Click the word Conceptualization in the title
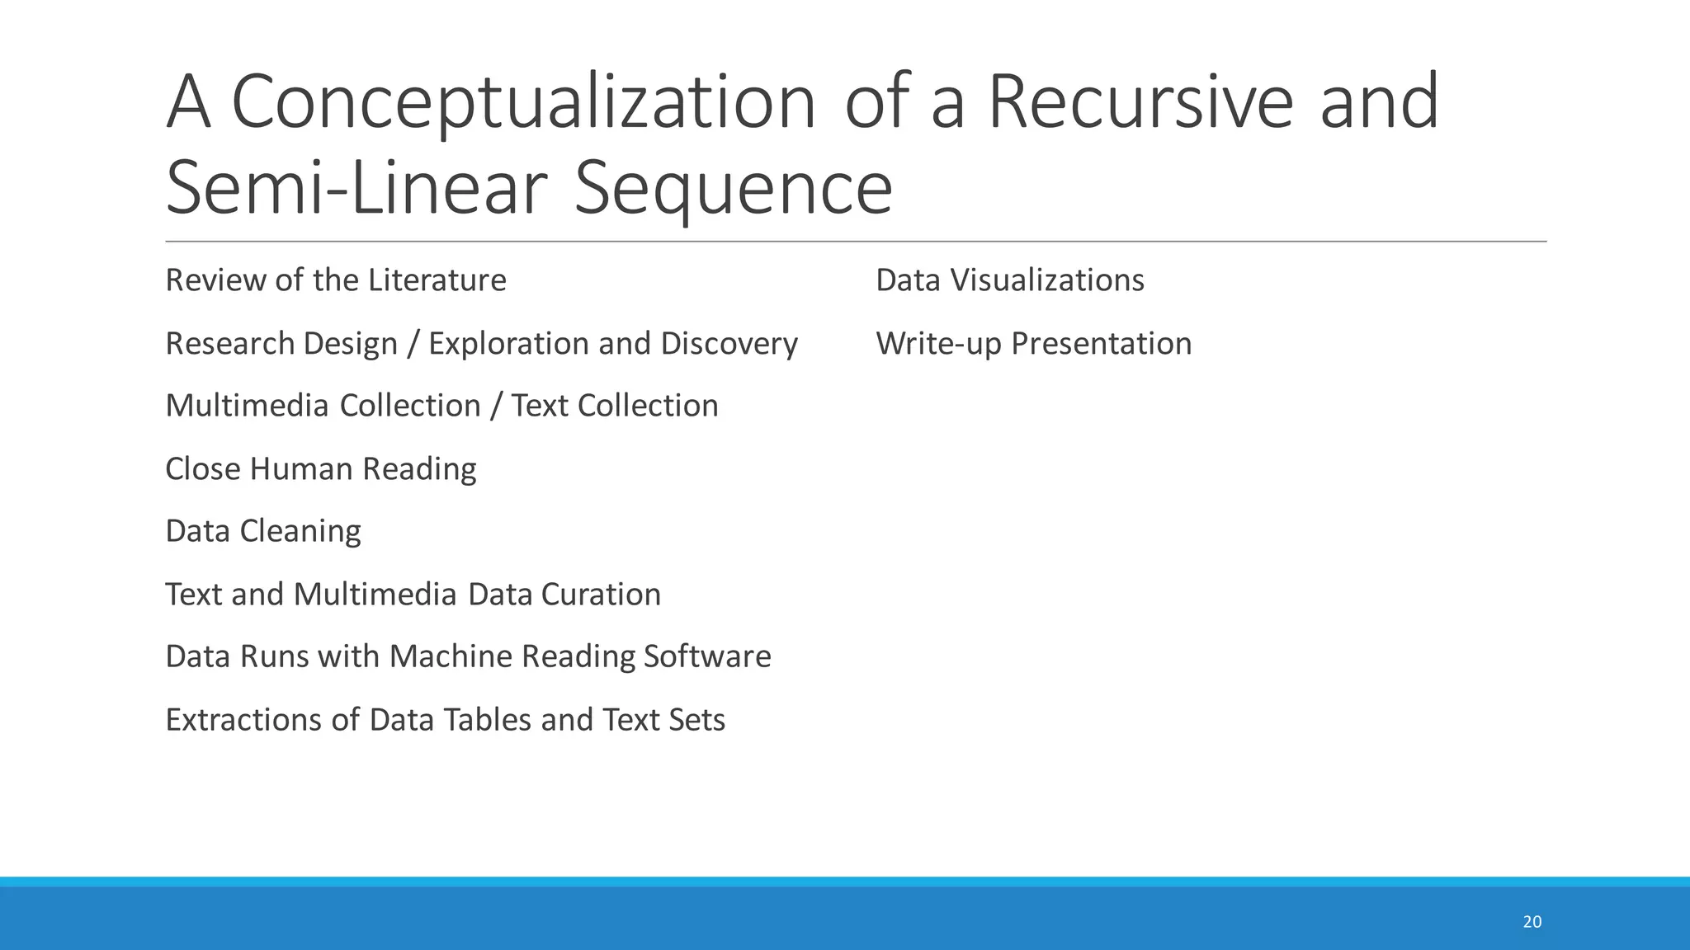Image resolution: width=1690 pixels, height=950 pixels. [x=523, y=103]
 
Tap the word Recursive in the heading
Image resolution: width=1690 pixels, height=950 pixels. [x=1140, y=103]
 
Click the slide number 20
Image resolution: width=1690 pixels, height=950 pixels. [x=1532, y=922]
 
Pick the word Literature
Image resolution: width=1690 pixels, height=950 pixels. [x=437, y=280]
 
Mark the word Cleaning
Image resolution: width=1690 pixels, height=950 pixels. [x=300, y=532]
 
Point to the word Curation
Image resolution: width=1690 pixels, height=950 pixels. [x=601, y=595]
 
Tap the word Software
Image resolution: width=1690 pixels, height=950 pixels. [x=707, y=656]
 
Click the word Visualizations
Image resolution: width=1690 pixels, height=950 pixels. [x=1047, y=280]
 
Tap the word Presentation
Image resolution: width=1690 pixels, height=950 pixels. [x=1102, y=344]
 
